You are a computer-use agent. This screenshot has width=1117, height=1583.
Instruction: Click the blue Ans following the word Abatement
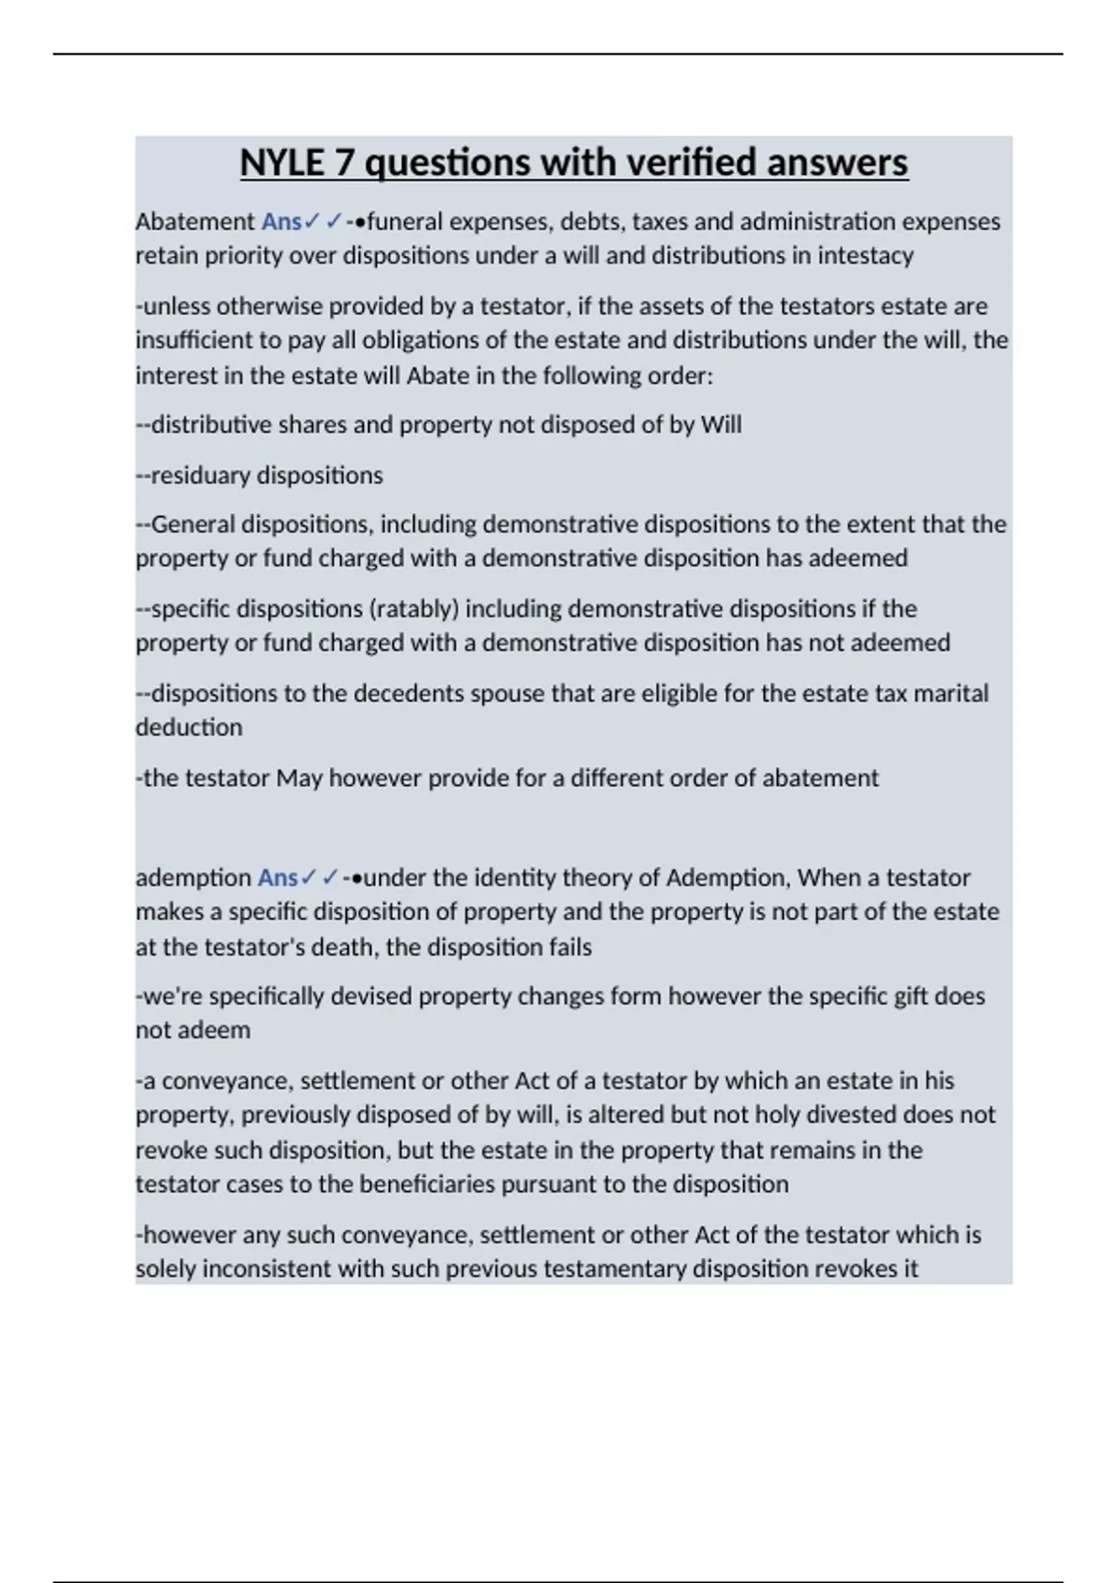[x=281, y=222]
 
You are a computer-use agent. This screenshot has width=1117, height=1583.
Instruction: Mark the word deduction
[x=189, y=727]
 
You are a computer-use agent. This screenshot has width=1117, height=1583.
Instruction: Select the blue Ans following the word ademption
[x=277, y=877]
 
